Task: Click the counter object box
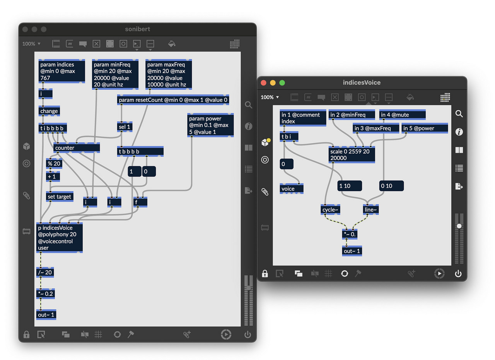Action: pos(76,148)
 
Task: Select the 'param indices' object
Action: pos(62,71)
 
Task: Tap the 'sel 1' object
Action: pos(124,127)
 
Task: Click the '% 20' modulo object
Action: pos(54,163)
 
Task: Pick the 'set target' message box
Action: pos(60,197)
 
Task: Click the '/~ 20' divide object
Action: pos(45,272)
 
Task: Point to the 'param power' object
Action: pos(210,125)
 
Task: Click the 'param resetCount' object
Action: pos(173,100)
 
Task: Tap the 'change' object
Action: pos(49,111)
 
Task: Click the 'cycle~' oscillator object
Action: pos(330,210)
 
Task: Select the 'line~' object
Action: pos(370,210)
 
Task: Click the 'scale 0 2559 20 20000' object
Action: pos(352,155)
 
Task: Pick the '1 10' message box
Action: pos(350,186)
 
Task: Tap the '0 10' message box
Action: pos(391,186)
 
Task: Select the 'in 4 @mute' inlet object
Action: pos(402,115)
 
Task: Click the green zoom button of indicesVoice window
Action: pos(282,82)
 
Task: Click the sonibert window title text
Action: pos(138,29)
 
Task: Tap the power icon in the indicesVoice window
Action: pos(458,274)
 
